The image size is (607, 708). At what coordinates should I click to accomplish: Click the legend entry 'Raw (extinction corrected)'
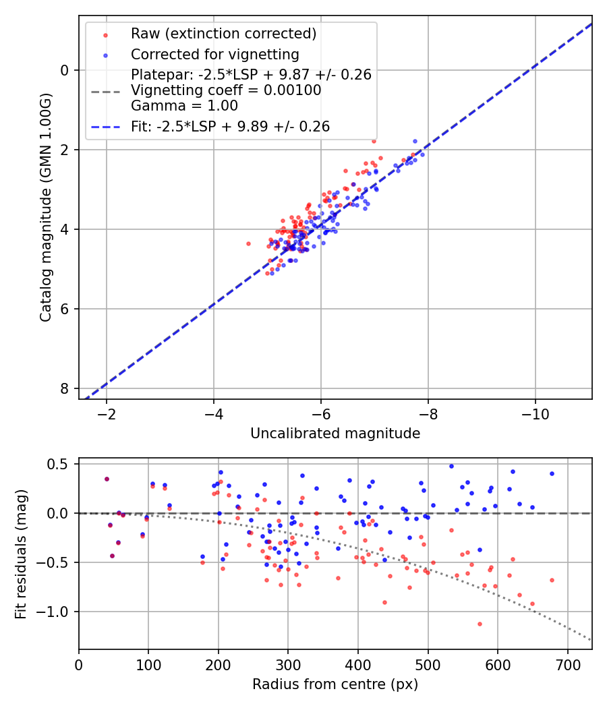(223, 34)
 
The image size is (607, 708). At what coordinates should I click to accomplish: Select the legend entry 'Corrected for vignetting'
(215, 54)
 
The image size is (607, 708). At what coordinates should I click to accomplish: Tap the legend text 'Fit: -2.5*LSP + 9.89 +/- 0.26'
(230, 126)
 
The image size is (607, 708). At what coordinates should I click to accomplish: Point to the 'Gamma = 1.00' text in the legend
(184, 106)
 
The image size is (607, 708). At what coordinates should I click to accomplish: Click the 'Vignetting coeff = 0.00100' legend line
(226, 90)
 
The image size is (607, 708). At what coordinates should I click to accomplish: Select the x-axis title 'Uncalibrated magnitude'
(335, 434)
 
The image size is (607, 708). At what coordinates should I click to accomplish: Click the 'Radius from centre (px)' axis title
(335, 684)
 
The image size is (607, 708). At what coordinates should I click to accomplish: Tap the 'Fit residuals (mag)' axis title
(21, 553)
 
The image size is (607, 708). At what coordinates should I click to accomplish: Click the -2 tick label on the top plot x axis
(106, 414)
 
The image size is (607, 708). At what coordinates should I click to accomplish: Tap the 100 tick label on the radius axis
(148, 665)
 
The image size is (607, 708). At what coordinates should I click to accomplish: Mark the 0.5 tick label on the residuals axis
(59, 464)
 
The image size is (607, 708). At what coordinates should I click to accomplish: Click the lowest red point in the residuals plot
(480, 624)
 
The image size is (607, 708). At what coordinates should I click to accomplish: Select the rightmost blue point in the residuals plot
(552, 473)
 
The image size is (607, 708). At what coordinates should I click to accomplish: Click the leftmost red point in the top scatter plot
(248, 243)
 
